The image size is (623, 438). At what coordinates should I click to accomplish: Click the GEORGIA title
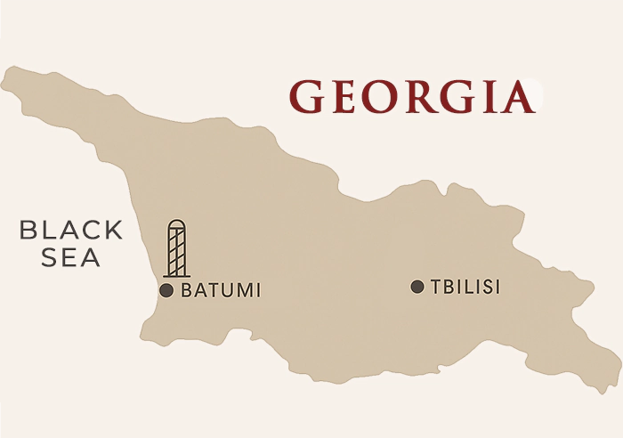tap(413, 97)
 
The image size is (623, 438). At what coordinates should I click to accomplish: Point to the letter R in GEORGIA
tap(417, 97)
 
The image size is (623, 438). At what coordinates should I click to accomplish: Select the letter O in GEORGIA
tap(380, 97)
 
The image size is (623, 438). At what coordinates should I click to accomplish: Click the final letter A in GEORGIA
tap(517, 97)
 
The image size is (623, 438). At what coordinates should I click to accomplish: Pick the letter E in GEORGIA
tap(345, 97)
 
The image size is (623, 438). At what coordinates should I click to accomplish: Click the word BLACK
tap(71, 231)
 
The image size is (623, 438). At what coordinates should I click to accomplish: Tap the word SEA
tap(71, 258)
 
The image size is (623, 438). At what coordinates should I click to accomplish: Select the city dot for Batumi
tap(166, 290)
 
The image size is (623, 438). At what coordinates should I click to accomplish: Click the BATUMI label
tap(221, 290)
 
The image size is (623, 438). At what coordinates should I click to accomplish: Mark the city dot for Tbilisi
tap(417, 287)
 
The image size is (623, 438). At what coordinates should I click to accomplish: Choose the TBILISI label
tap(465, 287)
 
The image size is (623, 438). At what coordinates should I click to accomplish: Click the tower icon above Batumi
tap(178, 248)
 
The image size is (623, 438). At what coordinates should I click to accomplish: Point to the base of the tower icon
tap(178, 274)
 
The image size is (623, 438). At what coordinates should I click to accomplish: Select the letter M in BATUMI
tap(244, 290)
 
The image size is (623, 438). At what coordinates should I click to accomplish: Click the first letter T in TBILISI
tap(435, 287)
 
